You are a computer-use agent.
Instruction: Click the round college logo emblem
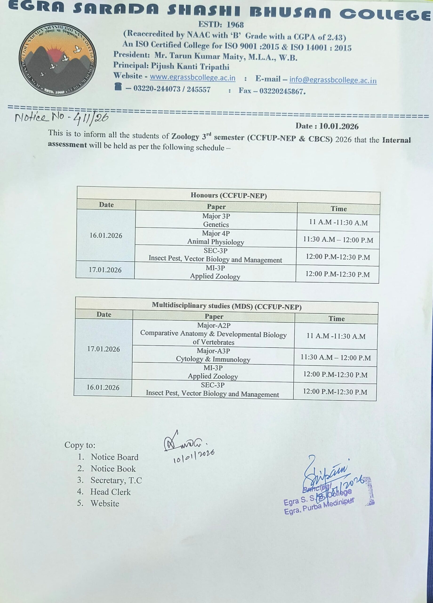pos(57,60)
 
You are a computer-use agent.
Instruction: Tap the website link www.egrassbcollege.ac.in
pos(192,78)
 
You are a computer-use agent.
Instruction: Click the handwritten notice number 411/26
pos(90,117)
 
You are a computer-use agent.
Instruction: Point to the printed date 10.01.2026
pos(339,126)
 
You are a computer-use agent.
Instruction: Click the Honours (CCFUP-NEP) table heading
pos(229,196)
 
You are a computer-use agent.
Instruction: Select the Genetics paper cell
pos(216,220)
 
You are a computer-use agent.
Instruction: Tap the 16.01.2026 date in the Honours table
pos(106,236)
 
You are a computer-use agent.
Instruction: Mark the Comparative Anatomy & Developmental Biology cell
pos(213,334)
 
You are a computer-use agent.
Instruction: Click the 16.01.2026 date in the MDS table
pos(103,387)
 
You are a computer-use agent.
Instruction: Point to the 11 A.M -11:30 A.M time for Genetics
pos(338,223)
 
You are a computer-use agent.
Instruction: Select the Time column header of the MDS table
pos(336,318)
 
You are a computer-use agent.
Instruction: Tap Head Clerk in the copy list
pos(110,492)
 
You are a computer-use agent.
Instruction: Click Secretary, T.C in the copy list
pos(116,480)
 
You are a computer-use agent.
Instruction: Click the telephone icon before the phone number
pos(118,87)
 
